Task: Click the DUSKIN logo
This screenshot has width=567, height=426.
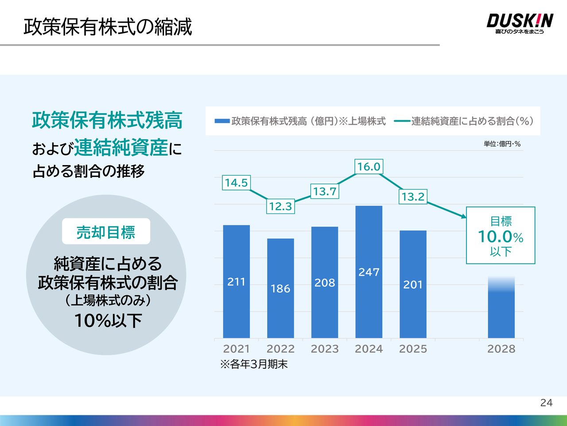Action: point(520,23)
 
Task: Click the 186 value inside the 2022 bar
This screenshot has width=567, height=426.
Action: point(280,288)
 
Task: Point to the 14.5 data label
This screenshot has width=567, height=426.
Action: point(236,183)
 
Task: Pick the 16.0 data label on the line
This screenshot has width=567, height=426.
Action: point(369,167)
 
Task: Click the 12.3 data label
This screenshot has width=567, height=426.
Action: point(280,206)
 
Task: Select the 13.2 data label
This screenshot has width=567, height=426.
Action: point(413,197)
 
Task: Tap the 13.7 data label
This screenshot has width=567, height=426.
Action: point(325,192)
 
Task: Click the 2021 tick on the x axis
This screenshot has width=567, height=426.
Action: point(236,349)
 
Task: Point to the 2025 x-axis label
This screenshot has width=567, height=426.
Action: point(413,349)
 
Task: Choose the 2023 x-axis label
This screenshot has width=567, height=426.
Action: point(325,349)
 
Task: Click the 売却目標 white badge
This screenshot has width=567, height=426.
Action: point(106,232)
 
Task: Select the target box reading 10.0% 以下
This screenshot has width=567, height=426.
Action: point(501,236)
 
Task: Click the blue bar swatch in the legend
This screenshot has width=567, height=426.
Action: point(222,121)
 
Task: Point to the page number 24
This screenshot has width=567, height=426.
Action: point(546,402)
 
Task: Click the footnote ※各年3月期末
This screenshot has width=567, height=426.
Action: point(254,364)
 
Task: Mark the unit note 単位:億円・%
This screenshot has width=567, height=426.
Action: point(502,144)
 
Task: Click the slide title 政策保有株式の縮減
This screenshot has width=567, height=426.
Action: point(108,27)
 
